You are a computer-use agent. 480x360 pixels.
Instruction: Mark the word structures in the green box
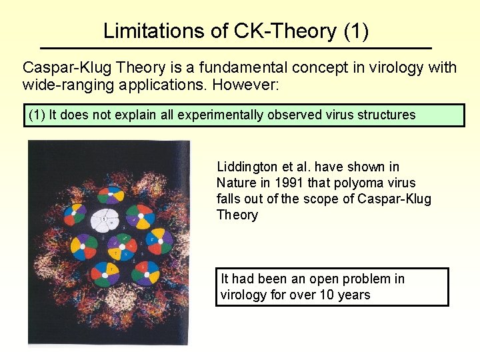point(385,115)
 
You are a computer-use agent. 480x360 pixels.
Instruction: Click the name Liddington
point(249,167)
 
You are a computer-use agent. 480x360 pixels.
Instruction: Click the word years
point(354,295)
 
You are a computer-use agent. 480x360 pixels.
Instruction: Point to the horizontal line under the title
point(236,49)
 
